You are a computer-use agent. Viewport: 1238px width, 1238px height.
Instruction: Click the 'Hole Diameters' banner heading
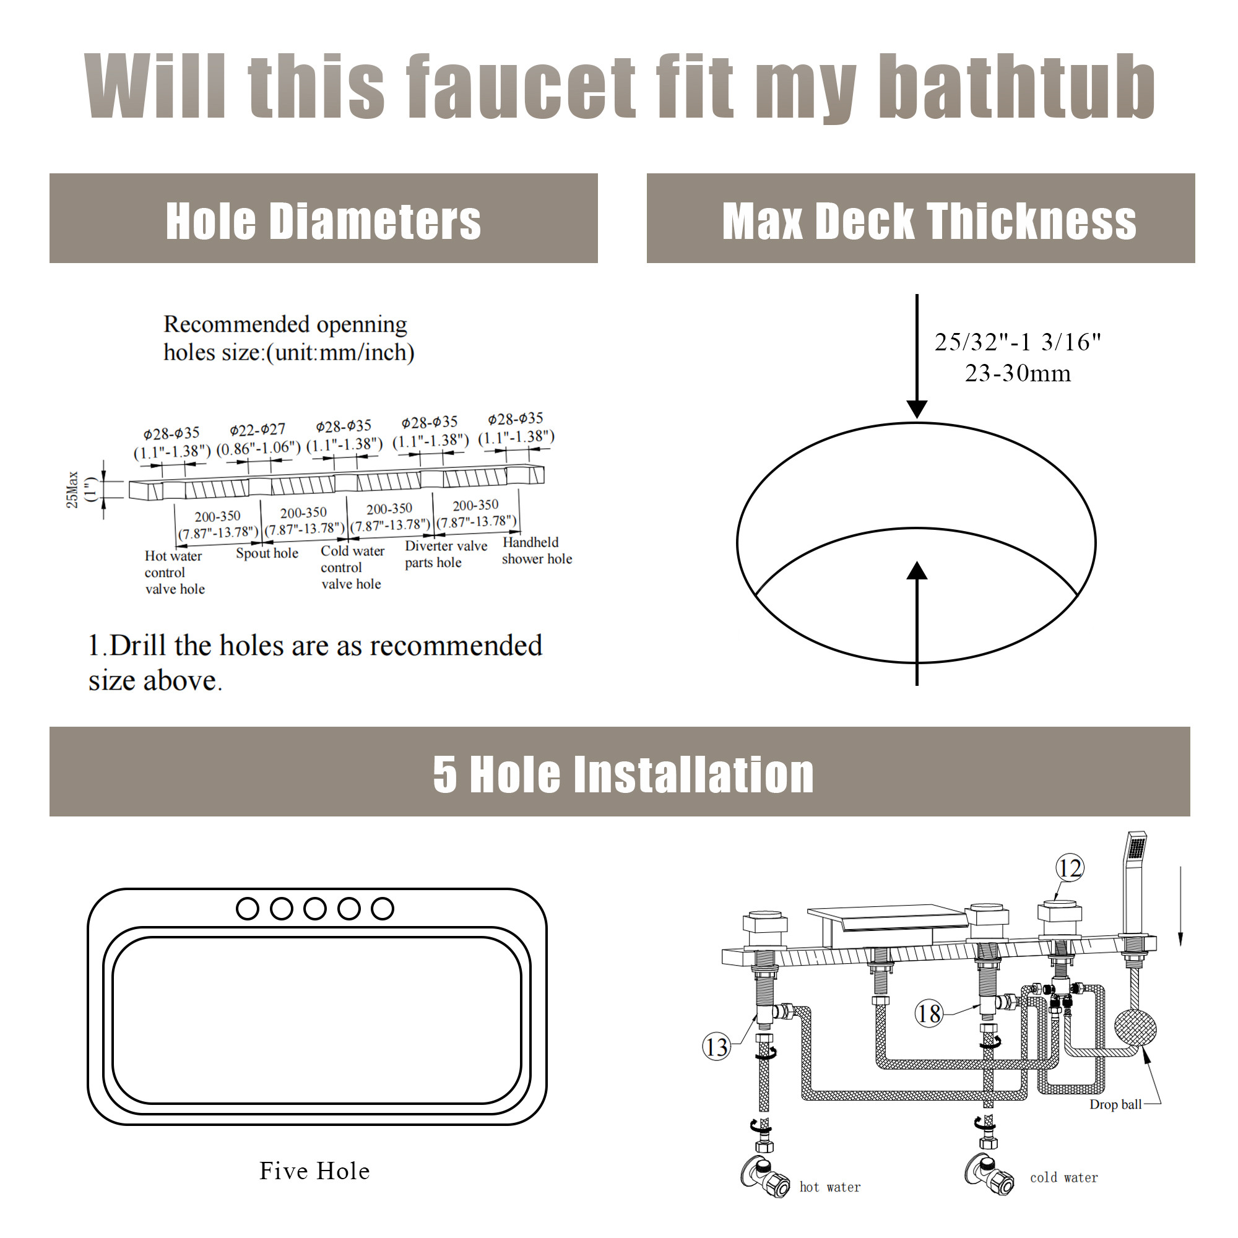[x=323, y=221]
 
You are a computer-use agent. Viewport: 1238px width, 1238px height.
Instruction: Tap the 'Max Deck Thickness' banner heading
[x=928, y=221]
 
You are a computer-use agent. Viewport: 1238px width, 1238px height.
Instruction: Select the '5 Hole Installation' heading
[x=623, y=774]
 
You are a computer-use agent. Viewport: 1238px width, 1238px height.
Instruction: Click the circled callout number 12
[x=1070, y=868]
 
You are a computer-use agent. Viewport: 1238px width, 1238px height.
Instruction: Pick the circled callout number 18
[x=928, y=1014]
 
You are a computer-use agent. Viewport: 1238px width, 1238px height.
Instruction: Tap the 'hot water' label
[x=830, y=1187]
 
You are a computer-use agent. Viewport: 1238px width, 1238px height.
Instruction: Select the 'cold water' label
[x=1063, y=1177]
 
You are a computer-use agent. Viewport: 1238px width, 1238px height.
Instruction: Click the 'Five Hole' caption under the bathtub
[x=314, y=1171]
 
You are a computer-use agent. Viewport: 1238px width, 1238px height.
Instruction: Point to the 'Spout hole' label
[x=267, y=553]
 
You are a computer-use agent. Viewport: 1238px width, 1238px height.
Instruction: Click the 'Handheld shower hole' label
[x=535, y=550]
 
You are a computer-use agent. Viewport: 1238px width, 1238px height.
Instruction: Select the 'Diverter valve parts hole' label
[x=444, y=553]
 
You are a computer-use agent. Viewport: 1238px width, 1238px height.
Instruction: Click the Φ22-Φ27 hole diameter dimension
[x=258, y=430]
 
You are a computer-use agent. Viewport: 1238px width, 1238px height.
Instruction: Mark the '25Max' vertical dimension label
[x=72, y=490]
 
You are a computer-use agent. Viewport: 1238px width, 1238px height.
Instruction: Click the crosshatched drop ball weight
[x=1135, y=1028]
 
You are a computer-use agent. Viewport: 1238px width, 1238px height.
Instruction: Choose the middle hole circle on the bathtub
[x=314, y=909]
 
